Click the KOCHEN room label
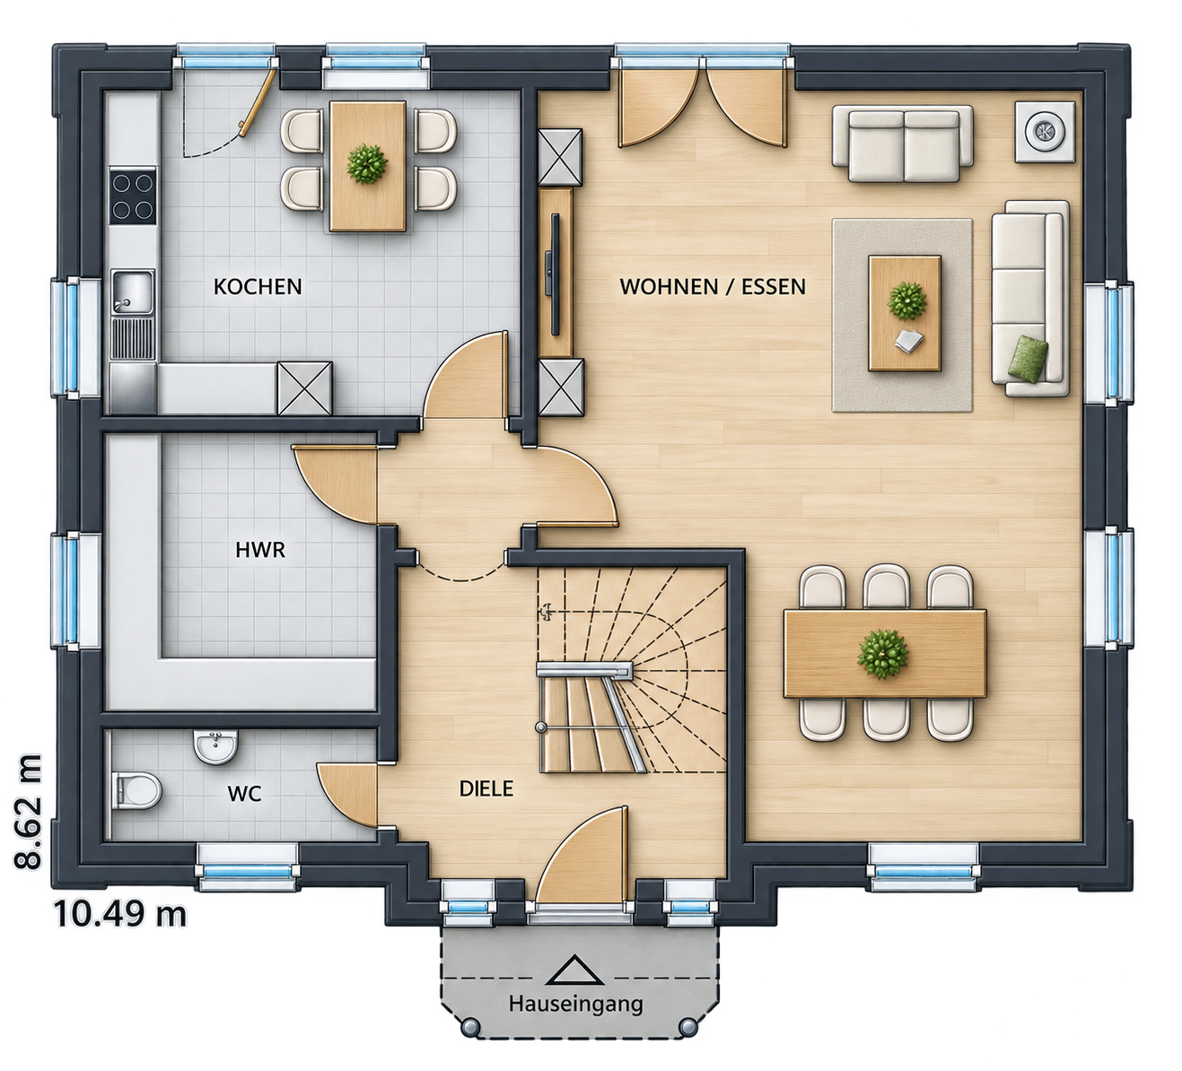point(258,287)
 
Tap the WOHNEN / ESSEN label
point(713,287)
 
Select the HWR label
point(260,550)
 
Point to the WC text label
point(244,794)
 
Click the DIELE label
point(486,788)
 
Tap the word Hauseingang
point(575,1003)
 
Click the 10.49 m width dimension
point(120,915)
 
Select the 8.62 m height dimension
point(28,811)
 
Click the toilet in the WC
point(136,789)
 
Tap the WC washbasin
point(216,745)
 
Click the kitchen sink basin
point(133,292)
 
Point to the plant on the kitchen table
point(367,163)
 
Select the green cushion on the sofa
point(1029,358)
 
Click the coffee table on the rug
point(905,313)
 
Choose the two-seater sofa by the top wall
point(902,144)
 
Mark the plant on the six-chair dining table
point(882,654)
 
